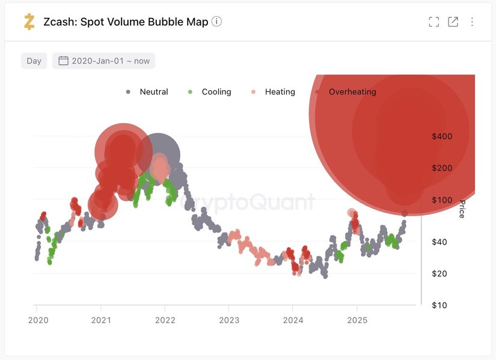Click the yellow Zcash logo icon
[29, 22]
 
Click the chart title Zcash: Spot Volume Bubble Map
[126, 22]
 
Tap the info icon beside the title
[217, 22]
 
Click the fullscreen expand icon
[433, 22]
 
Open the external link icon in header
[453, 22]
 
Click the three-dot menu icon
[472, 22]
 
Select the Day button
[34, 61]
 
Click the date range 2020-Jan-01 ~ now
[103, 61]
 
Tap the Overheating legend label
[352, 92]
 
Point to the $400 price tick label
[442, 136]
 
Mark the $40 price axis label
[442, 242]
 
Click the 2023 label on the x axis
[229, 320]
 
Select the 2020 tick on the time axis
[38, 320]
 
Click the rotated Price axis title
[462, 209]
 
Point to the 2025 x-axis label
[357, 320]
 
